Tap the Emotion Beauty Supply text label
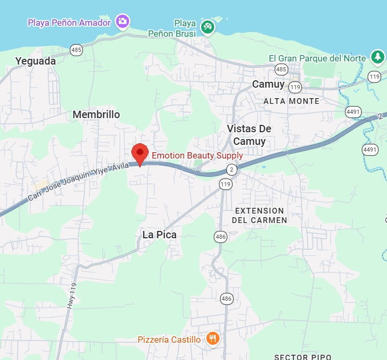point(197,155)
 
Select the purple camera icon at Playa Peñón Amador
point(122,22)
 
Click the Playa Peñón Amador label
point(69,23)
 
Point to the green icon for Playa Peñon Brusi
point(208,26)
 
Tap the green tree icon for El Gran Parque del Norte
point(377,57)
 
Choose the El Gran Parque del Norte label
point(317,58)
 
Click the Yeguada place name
point(36,61)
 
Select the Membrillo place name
point(96,114)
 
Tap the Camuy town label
point(268,84)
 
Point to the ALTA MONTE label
point(291,101)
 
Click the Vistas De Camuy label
point(249,135)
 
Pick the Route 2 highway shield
point(231,169)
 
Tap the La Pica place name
point(160,235)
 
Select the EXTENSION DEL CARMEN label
point(259,215)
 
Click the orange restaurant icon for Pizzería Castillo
point(212,338)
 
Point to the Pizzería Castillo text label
point(169,340)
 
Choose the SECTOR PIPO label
point(302,357)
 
